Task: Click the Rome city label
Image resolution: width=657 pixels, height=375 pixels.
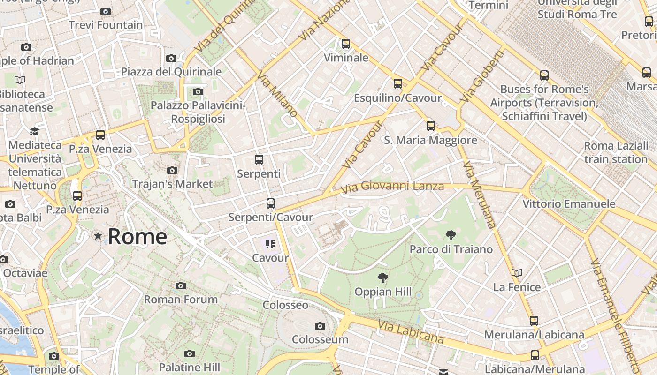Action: click(137, 237)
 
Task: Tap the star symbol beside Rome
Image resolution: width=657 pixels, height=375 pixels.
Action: click(98, 236)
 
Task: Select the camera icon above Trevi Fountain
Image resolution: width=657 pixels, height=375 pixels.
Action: click(106, 11)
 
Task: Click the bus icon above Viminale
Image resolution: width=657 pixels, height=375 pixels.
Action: click(346, 44)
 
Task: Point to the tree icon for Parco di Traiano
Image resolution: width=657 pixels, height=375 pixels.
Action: click(451, 235)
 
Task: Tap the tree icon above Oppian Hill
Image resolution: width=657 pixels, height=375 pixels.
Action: click(383, 278)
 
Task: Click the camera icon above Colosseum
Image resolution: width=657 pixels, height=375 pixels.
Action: click(320, 326)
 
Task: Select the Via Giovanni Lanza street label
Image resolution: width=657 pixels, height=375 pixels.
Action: click(393, 187)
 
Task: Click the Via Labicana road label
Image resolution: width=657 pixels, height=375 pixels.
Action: click(411, 331)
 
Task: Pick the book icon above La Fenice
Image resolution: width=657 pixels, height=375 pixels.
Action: click(517, 273)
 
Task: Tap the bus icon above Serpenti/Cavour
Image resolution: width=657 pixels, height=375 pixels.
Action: click(270, 203)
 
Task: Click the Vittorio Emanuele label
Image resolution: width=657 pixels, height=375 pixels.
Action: click(569, 204)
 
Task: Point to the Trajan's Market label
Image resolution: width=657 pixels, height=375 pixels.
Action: click(172, 184)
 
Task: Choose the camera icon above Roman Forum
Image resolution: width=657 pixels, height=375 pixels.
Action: click(181, 285)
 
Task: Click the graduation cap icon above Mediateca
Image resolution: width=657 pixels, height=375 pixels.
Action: click(34, 131)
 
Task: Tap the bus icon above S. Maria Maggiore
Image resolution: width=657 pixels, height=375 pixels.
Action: click(430, 126)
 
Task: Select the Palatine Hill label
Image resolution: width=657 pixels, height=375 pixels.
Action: click(189, 367)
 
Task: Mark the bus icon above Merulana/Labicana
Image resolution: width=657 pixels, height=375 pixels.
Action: click(534, 321)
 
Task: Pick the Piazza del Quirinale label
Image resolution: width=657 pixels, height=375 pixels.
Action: click(171, 72)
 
